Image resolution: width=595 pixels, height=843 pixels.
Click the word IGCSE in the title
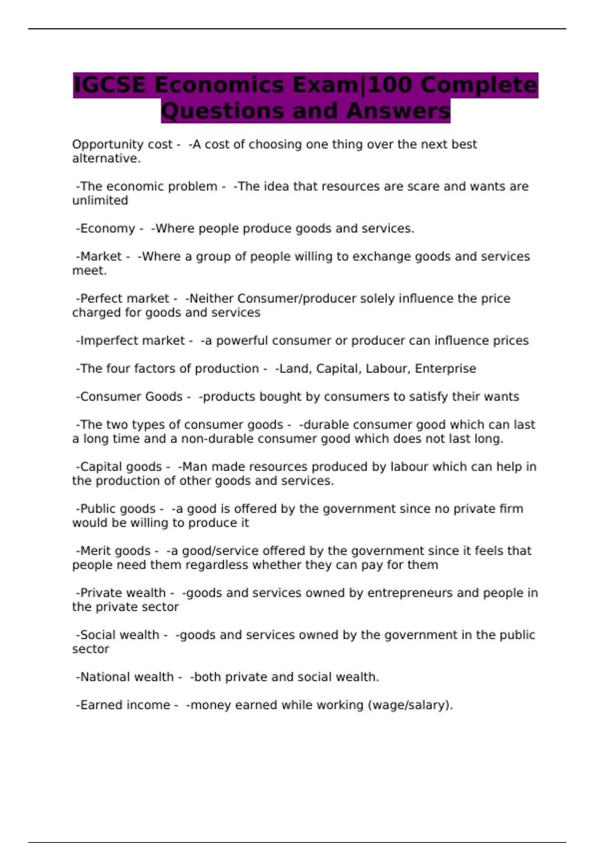click(x=110, y=85)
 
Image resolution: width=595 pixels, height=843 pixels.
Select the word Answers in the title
click(x=398, y=111)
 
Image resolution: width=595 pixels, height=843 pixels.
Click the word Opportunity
click(x=101, y=144)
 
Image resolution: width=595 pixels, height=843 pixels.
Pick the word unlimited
click(x=100, y=200)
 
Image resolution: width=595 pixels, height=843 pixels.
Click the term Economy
click(x=107, y=229)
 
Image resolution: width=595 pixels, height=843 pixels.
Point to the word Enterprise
click(x=445, y=368)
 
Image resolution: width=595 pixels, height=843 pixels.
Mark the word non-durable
click(x=215, y=439)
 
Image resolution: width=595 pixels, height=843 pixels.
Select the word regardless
click(x=217, y=565)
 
